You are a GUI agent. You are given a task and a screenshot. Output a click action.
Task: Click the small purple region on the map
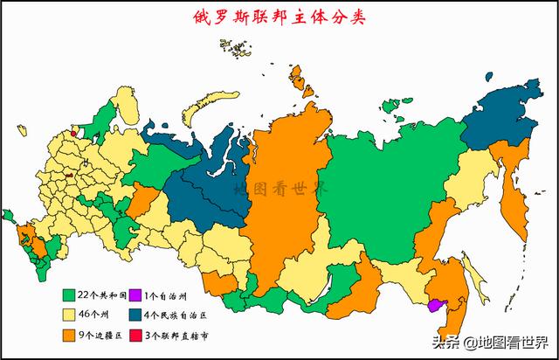point(435,304)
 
